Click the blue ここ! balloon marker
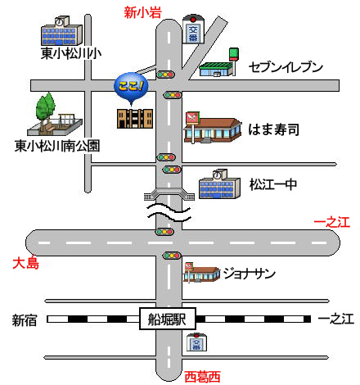click(x=131, y=87)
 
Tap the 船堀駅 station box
click(x=168, y=319)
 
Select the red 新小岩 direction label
click(x=142, y=12)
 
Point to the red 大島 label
click(x=26, y=263)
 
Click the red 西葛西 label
click(x=202, y=377)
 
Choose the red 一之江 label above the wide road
click(x=332, y=222)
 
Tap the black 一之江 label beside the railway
click(x=336, y=319)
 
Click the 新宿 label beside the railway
click(x=25, y=320)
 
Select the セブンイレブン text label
click(x=286, y=67)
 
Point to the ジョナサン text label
click(x=249, y=274)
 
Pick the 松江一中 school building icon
click(x=219, y=184)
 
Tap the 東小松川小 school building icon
click(x=61, y=31)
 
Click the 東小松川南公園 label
click(x=57, y=146)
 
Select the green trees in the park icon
click(x=45, y=106)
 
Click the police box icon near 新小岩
click(x=193, y=29)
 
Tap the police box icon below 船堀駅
click(x=196, y=342)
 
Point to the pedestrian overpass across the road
click(x=169, y=194)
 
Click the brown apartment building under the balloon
click(x=135, y=119)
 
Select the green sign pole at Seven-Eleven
click(x=234, y=61)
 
